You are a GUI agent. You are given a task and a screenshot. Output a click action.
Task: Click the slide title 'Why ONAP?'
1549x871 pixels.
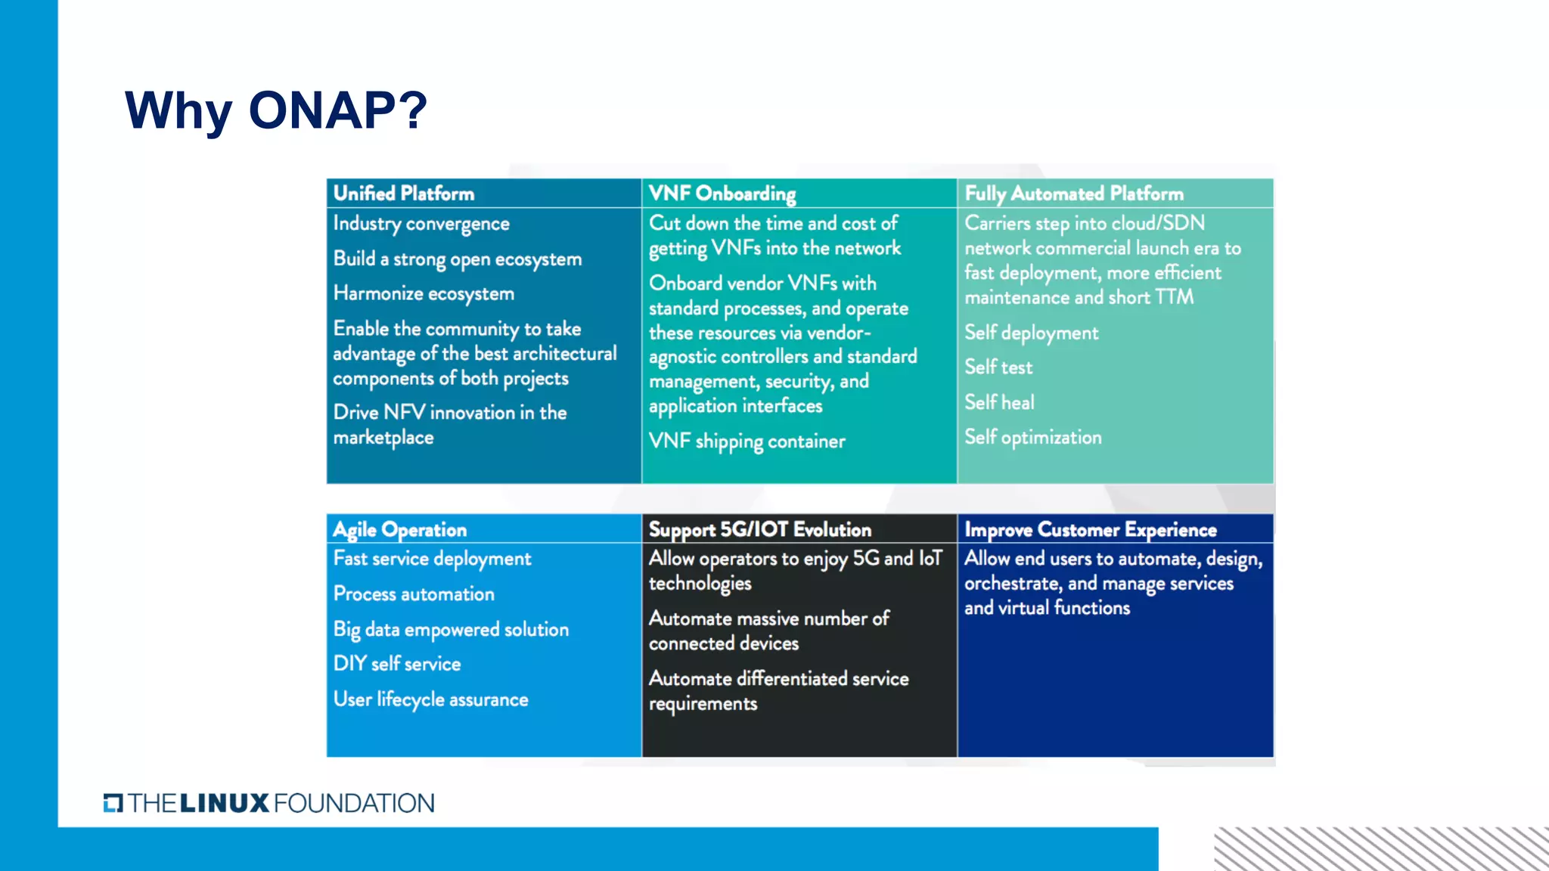[276, 110]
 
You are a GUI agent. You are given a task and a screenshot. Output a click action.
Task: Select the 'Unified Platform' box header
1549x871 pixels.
[404, 194]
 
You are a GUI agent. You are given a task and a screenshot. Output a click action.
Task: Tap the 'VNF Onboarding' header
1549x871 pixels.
[722, 194]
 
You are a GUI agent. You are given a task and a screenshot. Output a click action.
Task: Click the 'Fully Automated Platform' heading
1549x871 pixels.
[1074, 194]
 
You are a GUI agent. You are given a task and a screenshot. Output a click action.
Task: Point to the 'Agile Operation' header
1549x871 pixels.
[400, 529]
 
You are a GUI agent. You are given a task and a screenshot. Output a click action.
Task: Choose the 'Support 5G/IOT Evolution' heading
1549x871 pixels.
[759, 529]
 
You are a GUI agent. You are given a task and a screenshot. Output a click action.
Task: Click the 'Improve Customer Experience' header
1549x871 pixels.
[1090, 529]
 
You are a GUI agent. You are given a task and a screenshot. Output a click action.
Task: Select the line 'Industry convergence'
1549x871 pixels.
[421, 224]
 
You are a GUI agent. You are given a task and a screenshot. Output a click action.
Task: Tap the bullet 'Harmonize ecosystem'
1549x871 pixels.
[424, 293]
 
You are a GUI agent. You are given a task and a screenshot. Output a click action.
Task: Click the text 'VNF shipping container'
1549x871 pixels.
[747, 441]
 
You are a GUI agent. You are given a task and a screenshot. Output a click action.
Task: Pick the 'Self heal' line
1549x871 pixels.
[999, 402]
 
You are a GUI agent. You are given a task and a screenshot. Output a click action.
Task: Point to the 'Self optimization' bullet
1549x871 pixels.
[1032, 437]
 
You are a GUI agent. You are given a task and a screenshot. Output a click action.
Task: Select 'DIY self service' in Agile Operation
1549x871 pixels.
[397, 664]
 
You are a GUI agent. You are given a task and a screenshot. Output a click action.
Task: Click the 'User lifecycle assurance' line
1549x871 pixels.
[430, 699]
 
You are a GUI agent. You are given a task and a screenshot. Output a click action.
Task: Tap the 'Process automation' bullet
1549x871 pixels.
[414, 594]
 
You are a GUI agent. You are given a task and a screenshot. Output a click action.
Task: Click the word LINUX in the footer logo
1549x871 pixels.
[225, 803]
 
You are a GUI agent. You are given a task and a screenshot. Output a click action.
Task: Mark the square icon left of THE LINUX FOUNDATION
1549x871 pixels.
[113, 803]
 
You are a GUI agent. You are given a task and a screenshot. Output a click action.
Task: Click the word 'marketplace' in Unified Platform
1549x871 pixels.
[383, 438]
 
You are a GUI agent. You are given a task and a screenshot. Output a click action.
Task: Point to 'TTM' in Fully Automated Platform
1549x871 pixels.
[1174, 297]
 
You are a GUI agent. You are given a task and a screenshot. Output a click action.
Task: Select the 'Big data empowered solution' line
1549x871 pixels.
[451, 629]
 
